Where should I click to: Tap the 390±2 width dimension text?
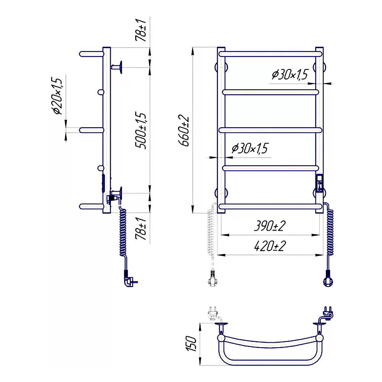(x=270, y=226)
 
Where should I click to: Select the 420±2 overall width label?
(x=270, y=246)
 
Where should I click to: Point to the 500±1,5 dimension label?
(x=141, y=130)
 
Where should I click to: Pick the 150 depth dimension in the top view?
(x=191, y=343)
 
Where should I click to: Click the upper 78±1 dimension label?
(x=141, y=30)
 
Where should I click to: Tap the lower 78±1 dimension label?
(x=141, y=228)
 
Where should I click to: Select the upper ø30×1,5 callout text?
(x=290, y=74)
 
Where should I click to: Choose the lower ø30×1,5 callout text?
(x=250, y=148)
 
